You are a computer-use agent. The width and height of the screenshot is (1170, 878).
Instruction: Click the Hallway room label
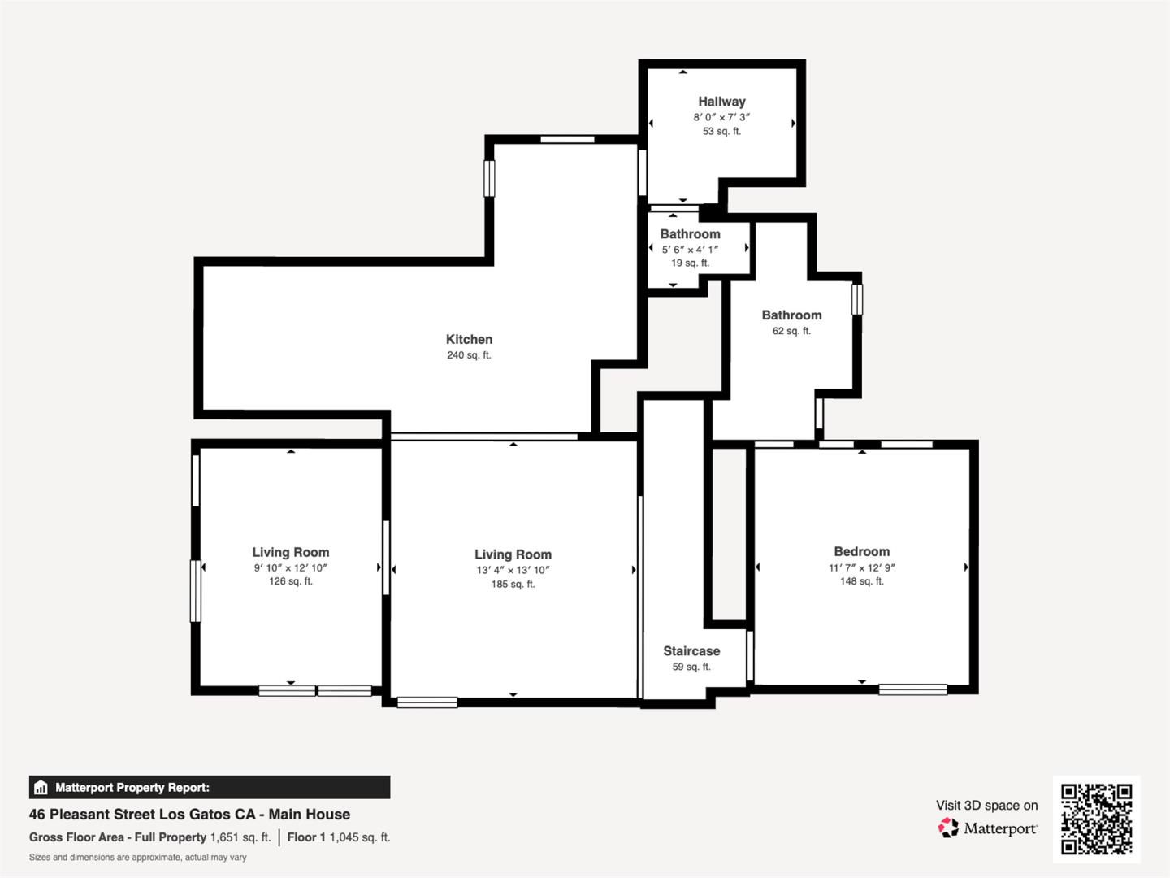(x=721, y=102)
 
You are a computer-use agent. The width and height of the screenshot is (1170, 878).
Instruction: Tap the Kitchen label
(x=469, y=339)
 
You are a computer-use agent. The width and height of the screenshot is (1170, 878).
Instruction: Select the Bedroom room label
(x=861, y=551)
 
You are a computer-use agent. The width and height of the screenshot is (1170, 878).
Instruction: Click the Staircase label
(x=691, y=651)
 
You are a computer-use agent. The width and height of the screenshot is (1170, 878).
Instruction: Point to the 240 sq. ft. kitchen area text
(x=469, y=355)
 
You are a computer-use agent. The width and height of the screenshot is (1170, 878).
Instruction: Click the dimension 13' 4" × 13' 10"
(x=513, y=570)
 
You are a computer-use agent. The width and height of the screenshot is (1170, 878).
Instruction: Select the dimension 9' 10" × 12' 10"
(x=290, y=568)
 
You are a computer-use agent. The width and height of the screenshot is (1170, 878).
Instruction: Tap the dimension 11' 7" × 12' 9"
(x=861, y=567)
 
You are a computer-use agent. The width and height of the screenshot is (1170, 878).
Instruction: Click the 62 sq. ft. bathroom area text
(x=791, y=331)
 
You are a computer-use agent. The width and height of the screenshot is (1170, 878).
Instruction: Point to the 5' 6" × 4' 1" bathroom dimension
(x=690, y=250)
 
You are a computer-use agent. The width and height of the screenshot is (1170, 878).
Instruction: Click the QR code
(x=1096, y=819)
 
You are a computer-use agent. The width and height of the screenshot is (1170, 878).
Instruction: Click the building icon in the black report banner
(x=41, y=787)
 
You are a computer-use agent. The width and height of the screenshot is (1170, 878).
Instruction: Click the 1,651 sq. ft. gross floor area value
(x=240, y=837)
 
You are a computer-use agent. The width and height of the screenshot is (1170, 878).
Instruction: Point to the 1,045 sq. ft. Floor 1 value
(x=360, y=837)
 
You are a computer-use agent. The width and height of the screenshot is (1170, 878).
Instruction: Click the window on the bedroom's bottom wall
(x=912, y=689)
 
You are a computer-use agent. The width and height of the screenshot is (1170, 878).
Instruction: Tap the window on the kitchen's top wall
(x=567, y=140)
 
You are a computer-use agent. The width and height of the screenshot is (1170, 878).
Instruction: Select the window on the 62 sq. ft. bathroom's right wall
(x=856, y=299)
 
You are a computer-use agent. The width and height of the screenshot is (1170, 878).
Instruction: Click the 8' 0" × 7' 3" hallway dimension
(x=721, y=117)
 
